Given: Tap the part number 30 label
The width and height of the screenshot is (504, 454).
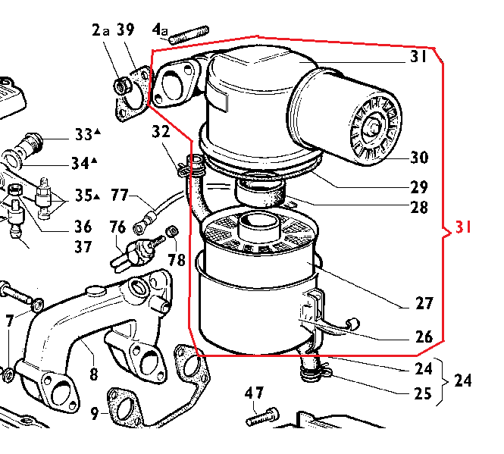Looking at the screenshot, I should (x=419, y=158).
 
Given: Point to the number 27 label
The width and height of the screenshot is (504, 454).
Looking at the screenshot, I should (x=424, y=304).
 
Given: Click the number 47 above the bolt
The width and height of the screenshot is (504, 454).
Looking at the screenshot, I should (x=255, y=393).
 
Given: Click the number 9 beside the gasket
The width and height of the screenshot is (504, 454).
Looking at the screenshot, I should (x=94, y=414).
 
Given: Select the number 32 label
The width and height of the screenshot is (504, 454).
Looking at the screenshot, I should (x=161, y=133).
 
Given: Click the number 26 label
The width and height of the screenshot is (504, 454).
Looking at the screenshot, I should (x=424, y=337).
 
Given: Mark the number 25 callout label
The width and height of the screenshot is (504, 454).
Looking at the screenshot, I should (x=423, y=393).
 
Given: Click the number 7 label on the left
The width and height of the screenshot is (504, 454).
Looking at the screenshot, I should (x=9, y=321).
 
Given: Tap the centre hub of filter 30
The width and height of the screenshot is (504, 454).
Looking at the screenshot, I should (x=374, y=126).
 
